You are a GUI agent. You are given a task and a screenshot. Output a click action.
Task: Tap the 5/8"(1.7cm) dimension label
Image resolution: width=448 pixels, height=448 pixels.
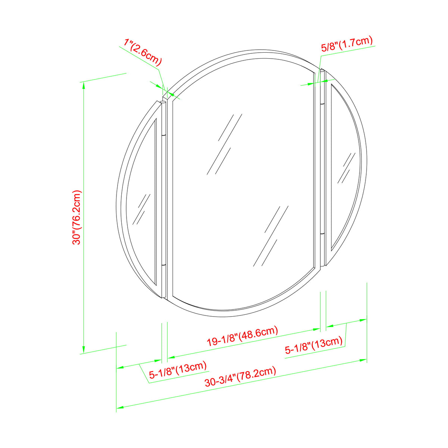coord(347,44)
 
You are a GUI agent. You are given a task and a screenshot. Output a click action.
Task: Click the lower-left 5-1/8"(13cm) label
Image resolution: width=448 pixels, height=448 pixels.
coord(178,370)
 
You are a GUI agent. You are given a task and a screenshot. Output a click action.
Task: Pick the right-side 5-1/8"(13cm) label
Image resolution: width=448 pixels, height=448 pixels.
coord(314,345)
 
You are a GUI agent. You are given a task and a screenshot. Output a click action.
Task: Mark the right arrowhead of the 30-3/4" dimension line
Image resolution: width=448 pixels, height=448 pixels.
coord(364,360)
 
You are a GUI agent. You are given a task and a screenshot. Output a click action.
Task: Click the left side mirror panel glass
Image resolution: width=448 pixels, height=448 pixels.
coord(144,209)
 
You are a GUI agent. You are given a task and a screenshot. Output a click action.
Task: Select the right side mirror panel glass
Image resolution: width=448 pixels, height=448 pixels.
coord(345,164)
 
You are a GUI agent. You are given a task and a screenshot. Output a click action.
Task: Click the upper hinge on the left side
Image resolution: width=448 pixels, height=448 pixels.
coord(163,134)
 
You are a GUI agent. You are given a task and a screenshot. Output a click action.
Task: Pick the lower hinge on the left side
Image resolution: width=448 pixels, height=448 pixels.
coord(163,266)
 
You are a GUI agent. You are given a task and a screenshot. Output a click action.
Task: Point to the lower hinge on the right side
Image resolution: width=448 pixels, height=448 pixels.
coord(323,233)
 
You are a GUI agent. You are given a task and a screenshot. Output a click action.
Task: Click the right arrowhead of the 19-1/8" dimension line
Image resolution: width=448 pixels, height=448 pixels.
coord(317,330)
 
